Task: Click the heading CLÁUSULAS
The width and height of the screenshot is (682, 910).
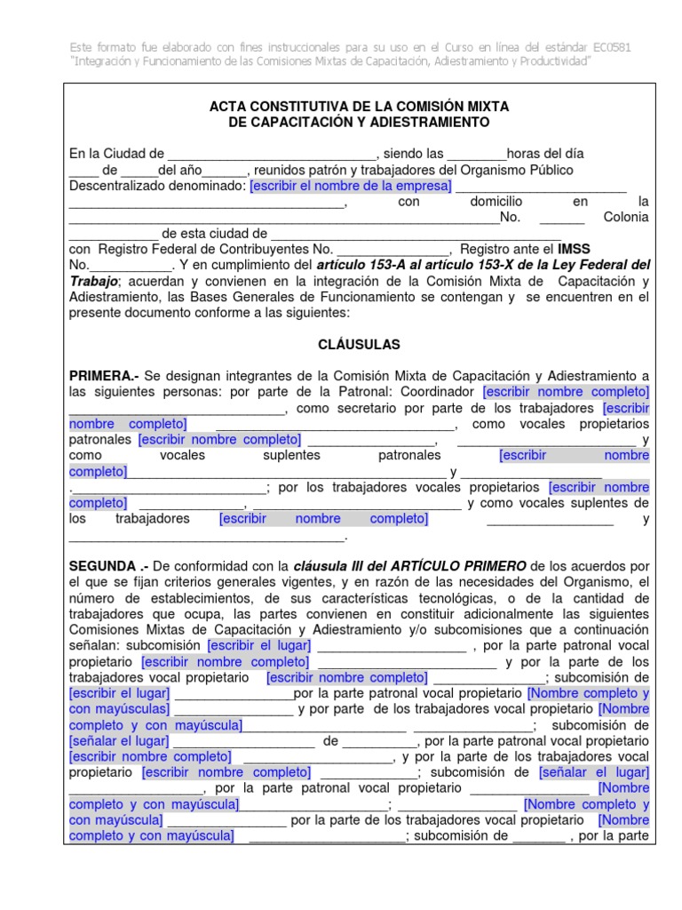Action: (359, 344)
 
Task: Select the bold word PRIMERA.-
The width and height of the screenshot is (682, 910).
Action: (102, 376)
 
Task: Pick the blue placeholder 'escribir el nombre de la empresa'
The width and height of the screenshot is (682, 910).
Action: (350, 186)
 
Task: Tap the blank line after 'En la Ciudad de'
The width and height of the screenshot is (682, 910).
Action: (273, 154)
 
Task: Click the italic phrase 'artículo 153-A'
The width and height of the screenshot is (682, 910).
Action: (359, 266)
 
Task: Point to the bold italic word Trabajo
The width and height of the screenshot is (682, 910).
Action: (92, 282)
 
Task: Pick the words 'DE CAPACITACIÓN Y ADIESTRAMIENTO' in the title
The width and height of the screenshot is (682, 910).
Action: (359, 122)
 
